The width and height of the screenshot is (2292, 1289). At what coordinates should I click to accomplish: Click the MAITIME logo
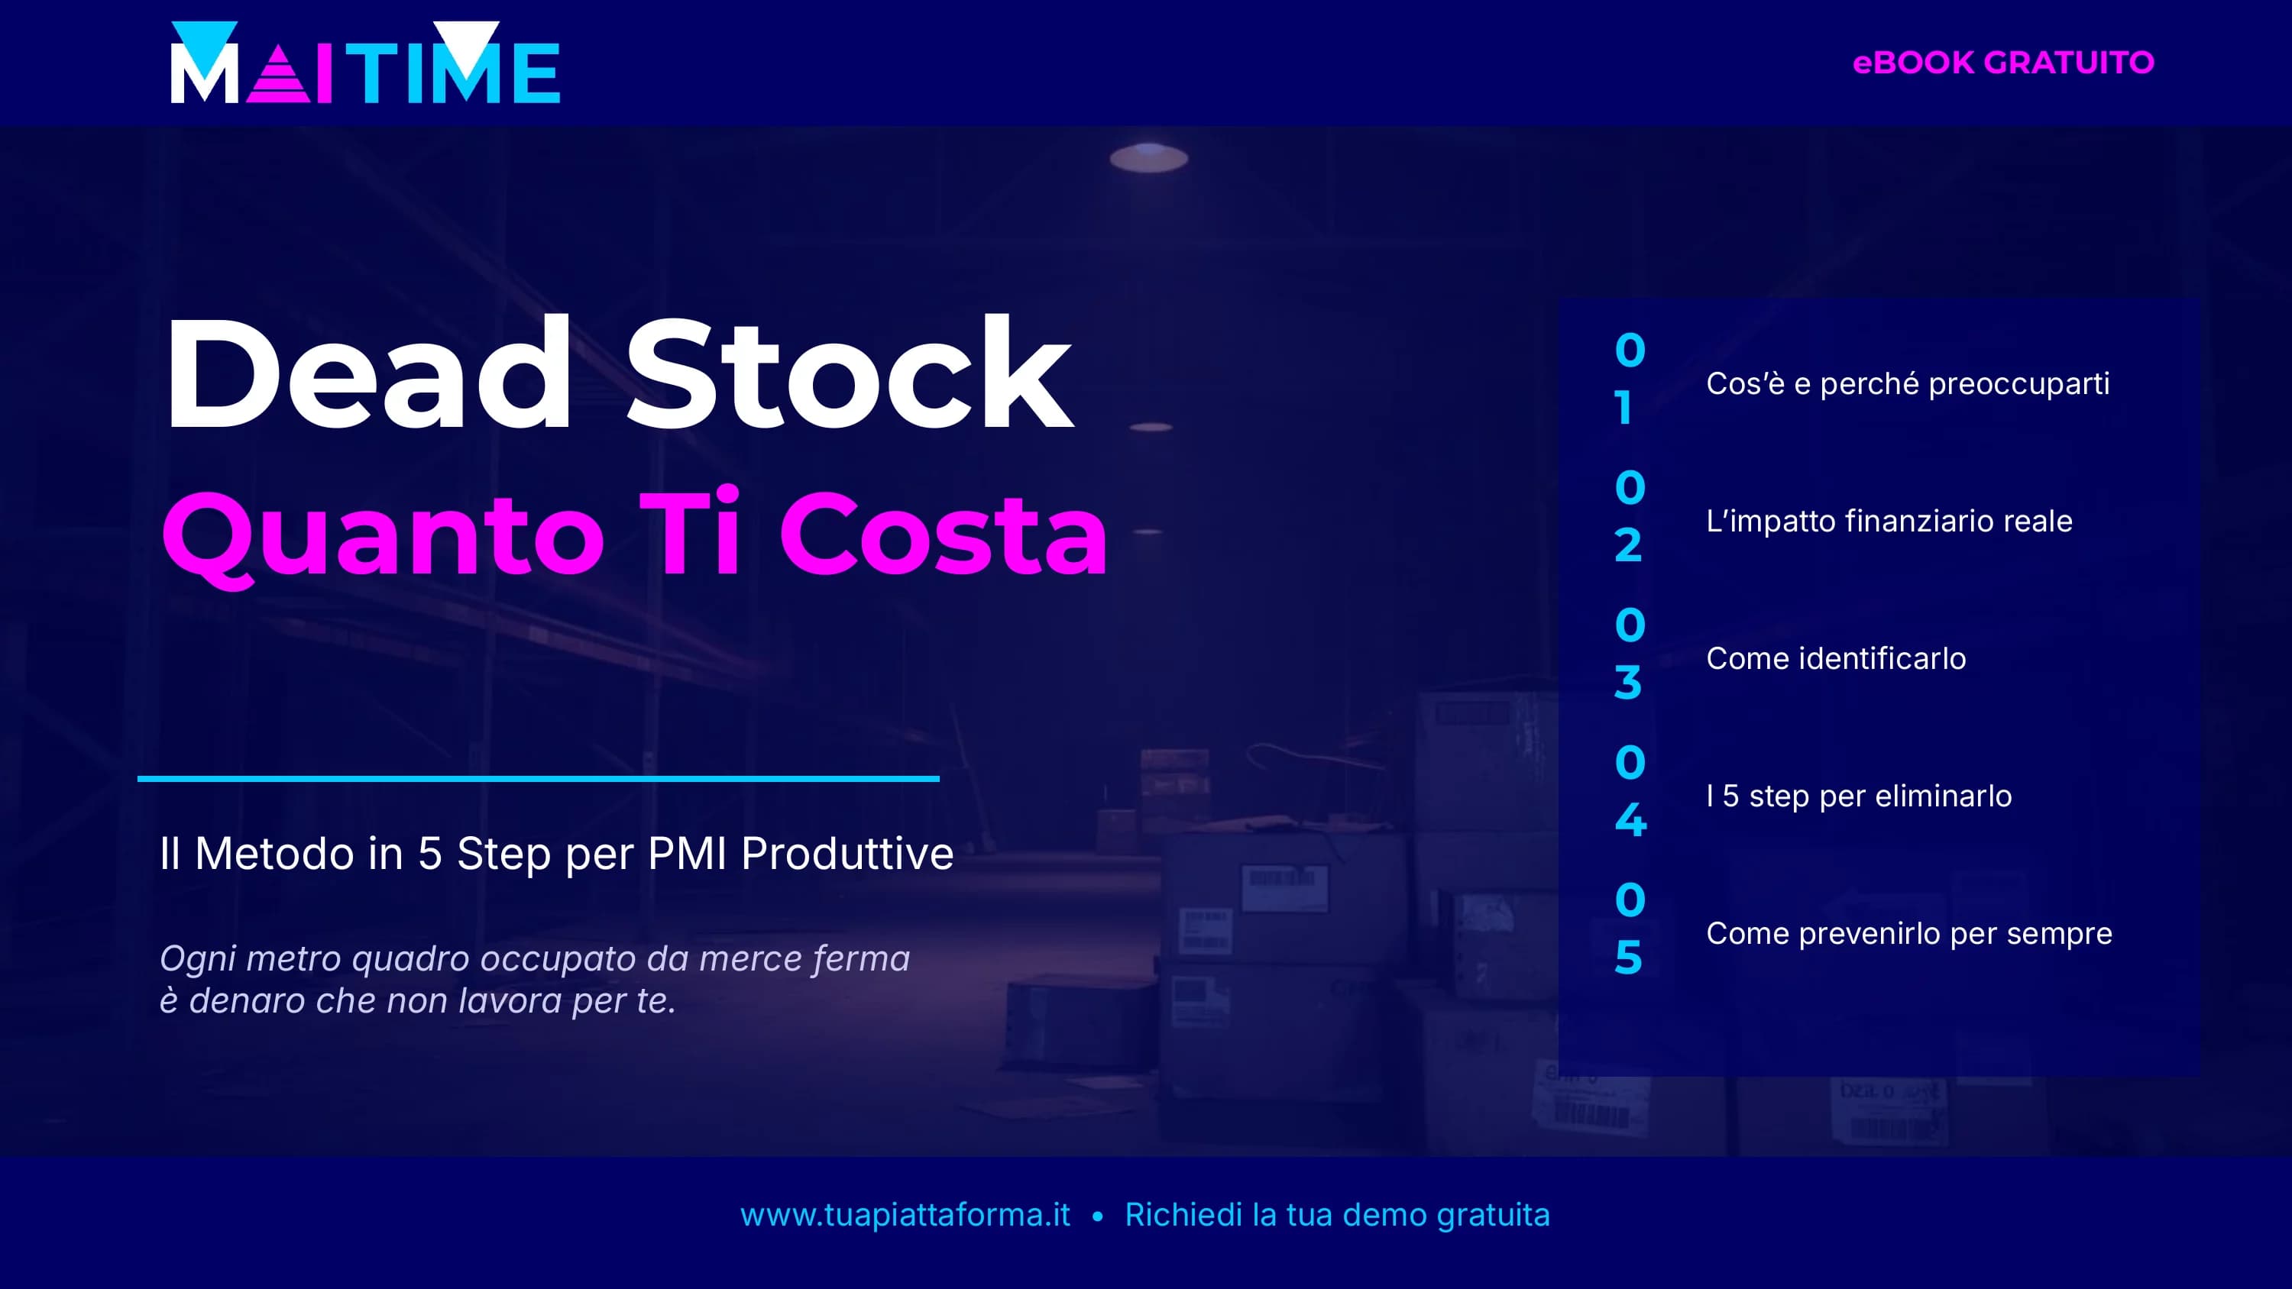(x=364, y=64)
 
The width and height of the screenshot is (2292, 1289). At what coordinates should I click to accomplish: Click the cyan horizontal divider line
(x=539, y=778)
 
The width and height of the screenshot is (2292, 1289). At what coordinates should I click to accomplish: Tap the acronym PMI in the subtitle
(x=687, y=853)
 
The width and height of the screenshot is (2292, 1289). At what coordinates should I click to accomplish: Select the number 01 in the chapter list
(x=1629, y=379)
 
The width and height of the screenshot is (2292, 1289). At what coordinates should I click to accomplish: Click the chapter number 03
(x=1629, y=654)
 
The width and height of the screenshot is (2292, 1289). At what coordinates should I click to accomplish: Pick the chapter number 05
(x=1629, y=929)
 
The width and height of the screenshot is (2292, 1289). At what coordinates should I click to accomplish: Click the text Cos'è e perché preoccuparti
(x=1908, y=383)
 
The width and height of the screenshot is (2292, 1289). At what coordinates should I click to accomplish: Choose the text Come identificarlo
(x=1836, y=658)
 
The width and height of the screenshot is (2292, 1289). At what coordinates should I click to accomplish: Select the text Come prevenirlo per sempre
(x=1908, y=933)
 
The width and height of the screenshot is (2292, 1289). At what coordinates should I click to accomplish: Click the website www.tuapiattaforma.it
(x=905, y=1214)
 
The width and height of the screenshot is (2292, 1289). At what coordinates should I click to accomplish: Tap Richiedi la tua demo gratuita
(x=1337, y=1214)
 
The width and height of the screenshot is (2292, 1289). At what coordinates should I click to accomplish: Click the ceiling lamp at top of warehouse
(x=1148, y=157)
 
